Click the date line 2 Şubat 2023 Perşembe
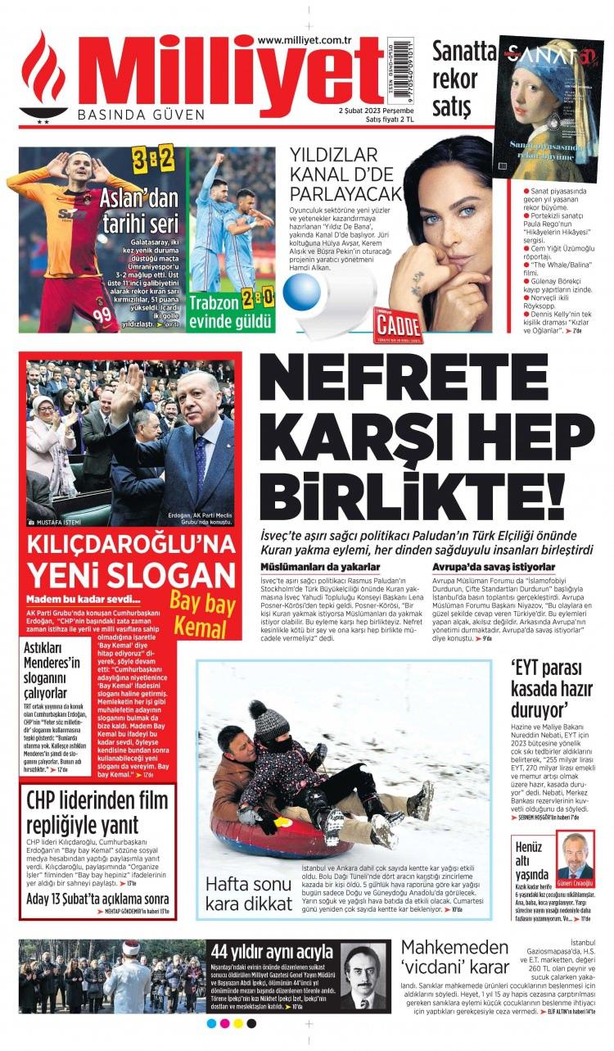[376, 110]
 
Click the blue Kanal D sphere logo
[302, 293]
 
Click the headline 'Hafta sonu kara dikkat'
[249, 894]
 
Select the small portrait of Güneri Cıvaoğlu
[575, 856]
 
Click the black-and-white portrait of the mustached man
[363, 976]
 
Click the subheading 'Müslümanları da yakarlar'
[320, 567]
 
